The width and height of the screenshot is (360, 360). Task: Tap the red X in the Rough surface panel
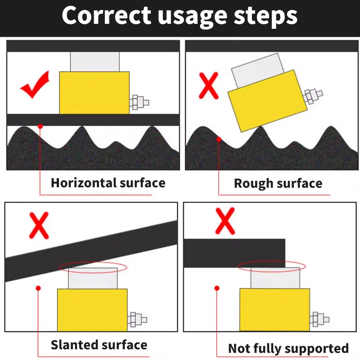coord(208,85)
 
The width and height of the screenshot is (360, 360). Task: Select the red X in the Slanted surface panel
coord(39,225)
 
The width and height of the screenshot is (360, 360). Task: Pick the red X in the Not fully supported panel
coord(225,221)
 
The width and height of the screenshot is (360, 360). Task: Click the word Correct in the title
coord(107,16)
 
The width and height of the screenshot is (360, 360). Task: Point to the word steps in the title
coord(265,16)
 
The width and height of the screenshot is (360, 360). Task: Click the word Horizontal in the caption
coord(84,183)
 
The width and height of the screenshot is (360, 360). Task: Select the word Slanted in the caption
coord(74,345)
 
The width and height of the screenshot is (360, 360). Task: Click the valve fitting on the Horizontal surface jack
coord(139,103)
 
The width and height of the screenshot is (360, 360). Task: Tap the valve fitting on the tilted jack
coord(312,96)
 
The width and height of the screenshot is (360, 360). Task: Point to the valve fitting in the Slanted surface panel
coord(137,319)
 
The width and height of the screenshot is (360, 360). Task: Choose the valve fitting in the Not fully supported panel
coord(319,319)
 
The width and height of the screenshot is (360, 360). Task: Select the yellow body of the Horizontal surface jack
coord(94,93)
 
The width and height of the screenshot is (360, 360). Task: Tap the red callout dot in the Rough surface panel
coord(219,139)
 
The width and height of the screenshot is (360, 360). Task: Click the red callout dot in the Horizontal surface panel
coord(40,126)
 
